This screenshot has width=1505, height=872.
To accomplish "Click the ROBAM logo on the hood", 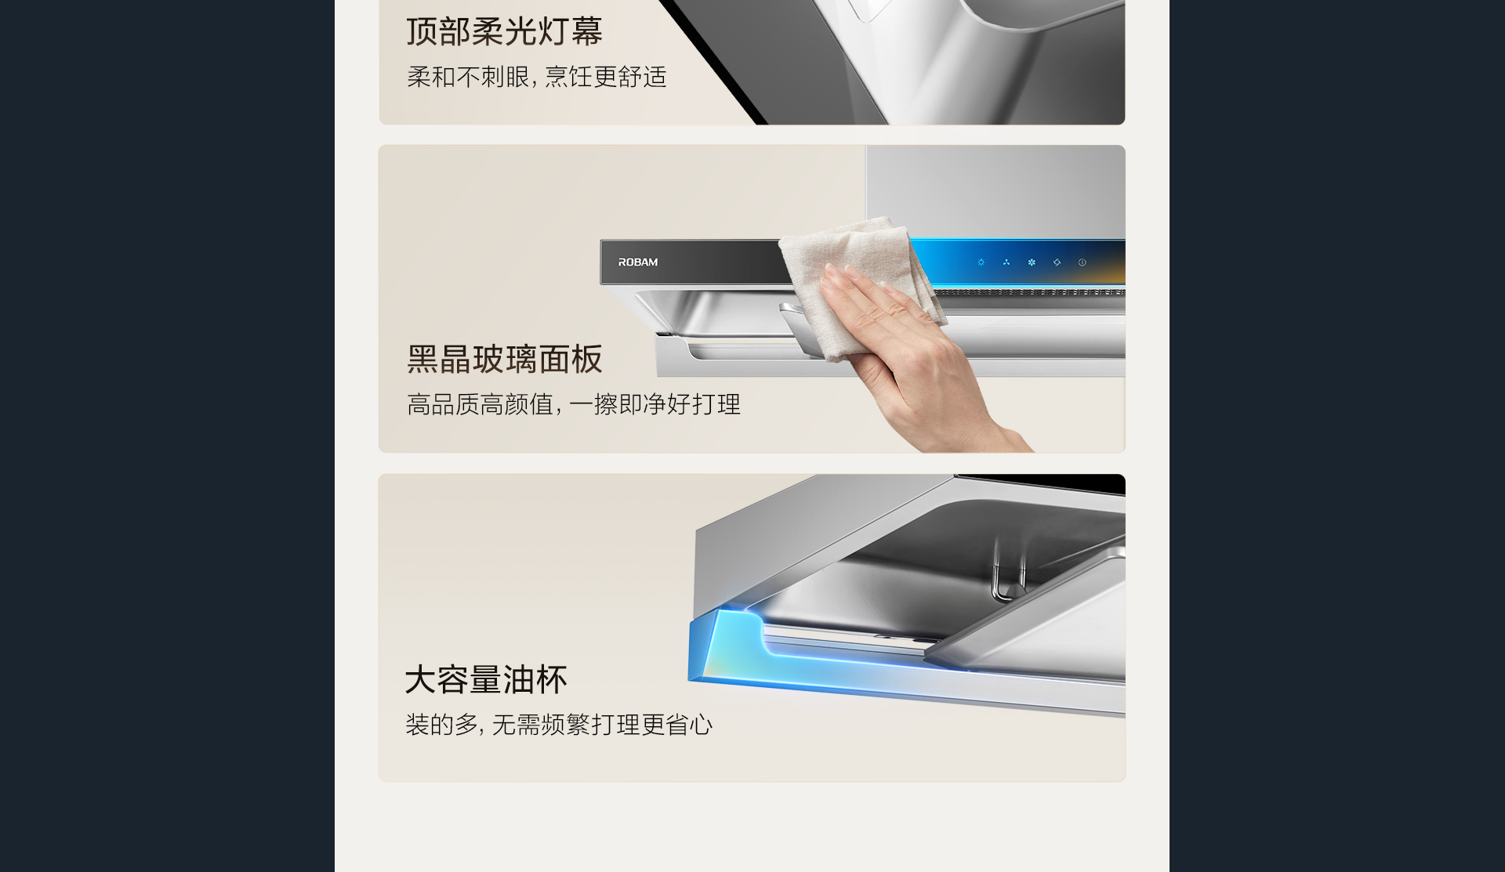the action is pos(637,262).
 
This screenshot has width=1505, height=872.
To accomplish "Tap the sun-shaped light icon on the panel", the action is pos(981,262).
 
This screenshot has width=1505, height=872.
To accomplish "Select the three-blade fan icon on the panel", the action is pos(1006,262).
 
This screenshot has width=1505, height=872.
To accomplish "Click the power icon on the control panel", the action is pos(1083,262).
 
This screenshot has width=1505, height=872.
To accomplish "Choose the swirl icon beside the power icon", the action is pos(1057,262).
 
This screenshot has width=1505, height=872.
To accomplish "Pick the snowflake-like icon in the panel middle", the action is pos(1032,262).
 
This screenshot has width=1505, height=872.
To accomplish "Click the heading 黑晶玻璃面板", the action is pos(505,360).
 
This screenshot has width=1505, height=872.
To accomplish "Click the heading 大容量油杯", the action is pos(486,679).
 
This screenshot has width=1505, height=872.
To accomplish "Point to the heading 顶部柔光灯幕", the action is pos(505,31).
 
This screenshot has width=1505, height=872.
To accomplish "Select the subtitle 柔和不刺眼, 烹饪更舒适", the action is pos(537,77).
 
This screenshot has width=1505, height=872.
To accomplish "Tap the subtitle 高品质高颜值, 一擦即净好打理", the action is pos(574,404).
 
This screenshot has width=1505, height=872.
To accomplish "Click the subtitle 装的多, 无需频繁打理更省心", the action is pos(559,725).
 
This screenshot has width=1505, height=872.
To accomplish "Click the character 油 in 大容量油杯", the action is pos(519,679).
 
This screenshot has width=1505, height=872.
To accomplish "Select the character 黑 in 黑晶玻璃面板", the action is pos(422,360).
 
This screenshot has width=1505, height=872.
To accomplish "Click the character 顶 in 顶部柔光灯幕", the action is pos(422,31).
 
